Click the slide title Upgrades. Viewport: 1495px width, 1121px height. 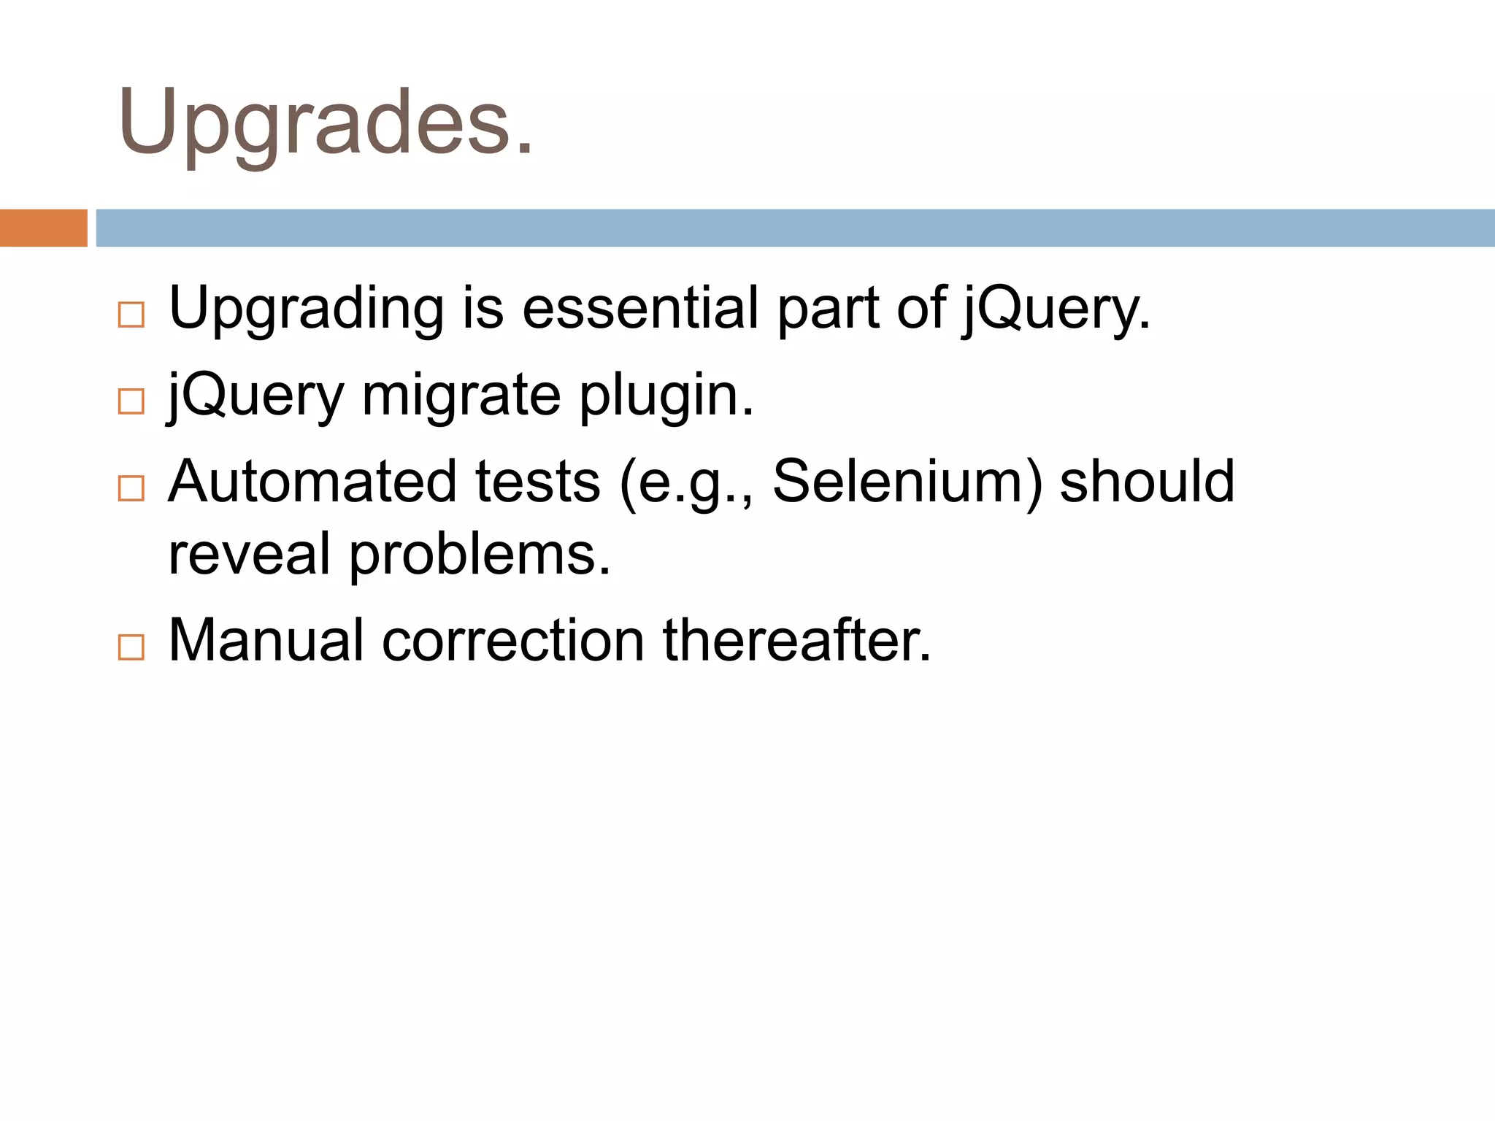click(326, 123)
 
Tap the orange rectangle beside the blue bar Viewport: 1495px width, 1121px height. click(43, 228)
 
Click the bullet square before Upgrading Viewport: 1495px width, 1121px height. click(131, 315)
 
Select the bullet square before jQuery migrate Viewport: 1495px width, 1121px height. click(131, 401)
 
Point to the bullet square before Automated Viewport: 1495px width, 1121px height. click(131, 488)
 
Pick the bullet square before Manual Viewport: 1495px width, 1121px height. click(131, 647)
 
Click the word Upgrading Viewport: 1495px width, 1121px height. click(307, 309)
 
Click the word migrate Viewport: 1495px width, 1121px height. click(461, 396)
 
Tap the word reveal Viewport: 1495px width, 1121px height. click(249, 554)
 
